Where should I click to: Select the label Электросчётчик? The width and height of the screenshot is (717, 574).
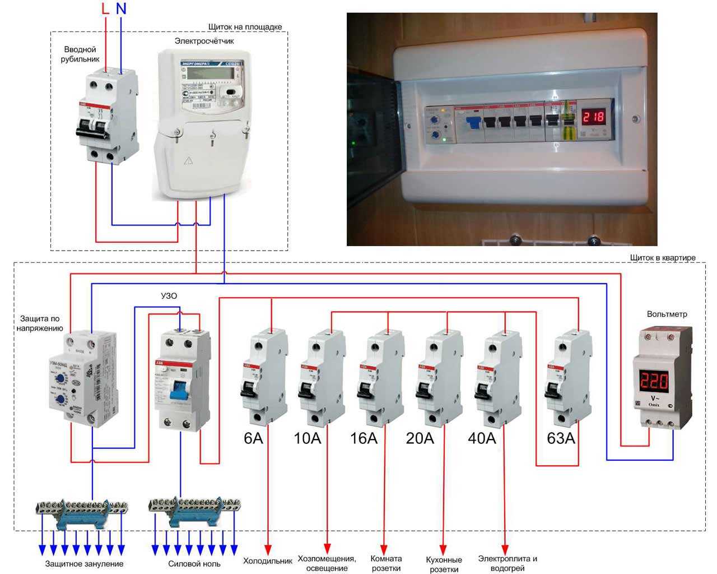[204, 41]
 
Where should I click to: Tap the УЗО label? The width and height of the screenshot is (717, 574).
[169, 295]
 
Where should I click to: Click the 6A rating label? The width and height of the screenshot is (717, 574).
[253, 438]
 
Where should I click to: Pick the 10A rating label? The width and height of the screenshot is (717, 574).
[307, 438]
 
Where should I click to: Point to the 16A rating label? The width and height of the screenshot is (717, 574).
[364, 438]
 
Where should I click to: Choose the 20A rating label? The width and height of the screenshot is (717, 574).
[420, 438]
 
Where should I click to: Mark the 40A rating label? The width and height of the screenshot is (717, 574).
[482, 438]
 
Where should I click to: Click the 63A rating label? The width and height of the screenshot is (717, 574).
[561, 438]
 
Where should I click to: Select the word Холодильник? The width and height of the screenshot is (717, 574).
[267, 561]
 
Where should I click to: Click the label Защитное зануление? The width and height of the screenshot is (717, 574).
[84, 563]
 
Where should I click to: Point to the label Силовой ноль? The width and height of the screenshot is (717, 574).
[194, 563]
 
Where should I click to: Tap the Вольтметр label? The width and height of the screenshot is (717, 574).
[667, 314]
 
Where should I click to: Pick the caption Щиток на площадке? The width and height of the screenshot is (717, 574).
[245, 26]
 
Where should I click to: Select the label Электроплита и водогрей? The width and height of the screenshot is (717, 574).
[508, 563]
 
